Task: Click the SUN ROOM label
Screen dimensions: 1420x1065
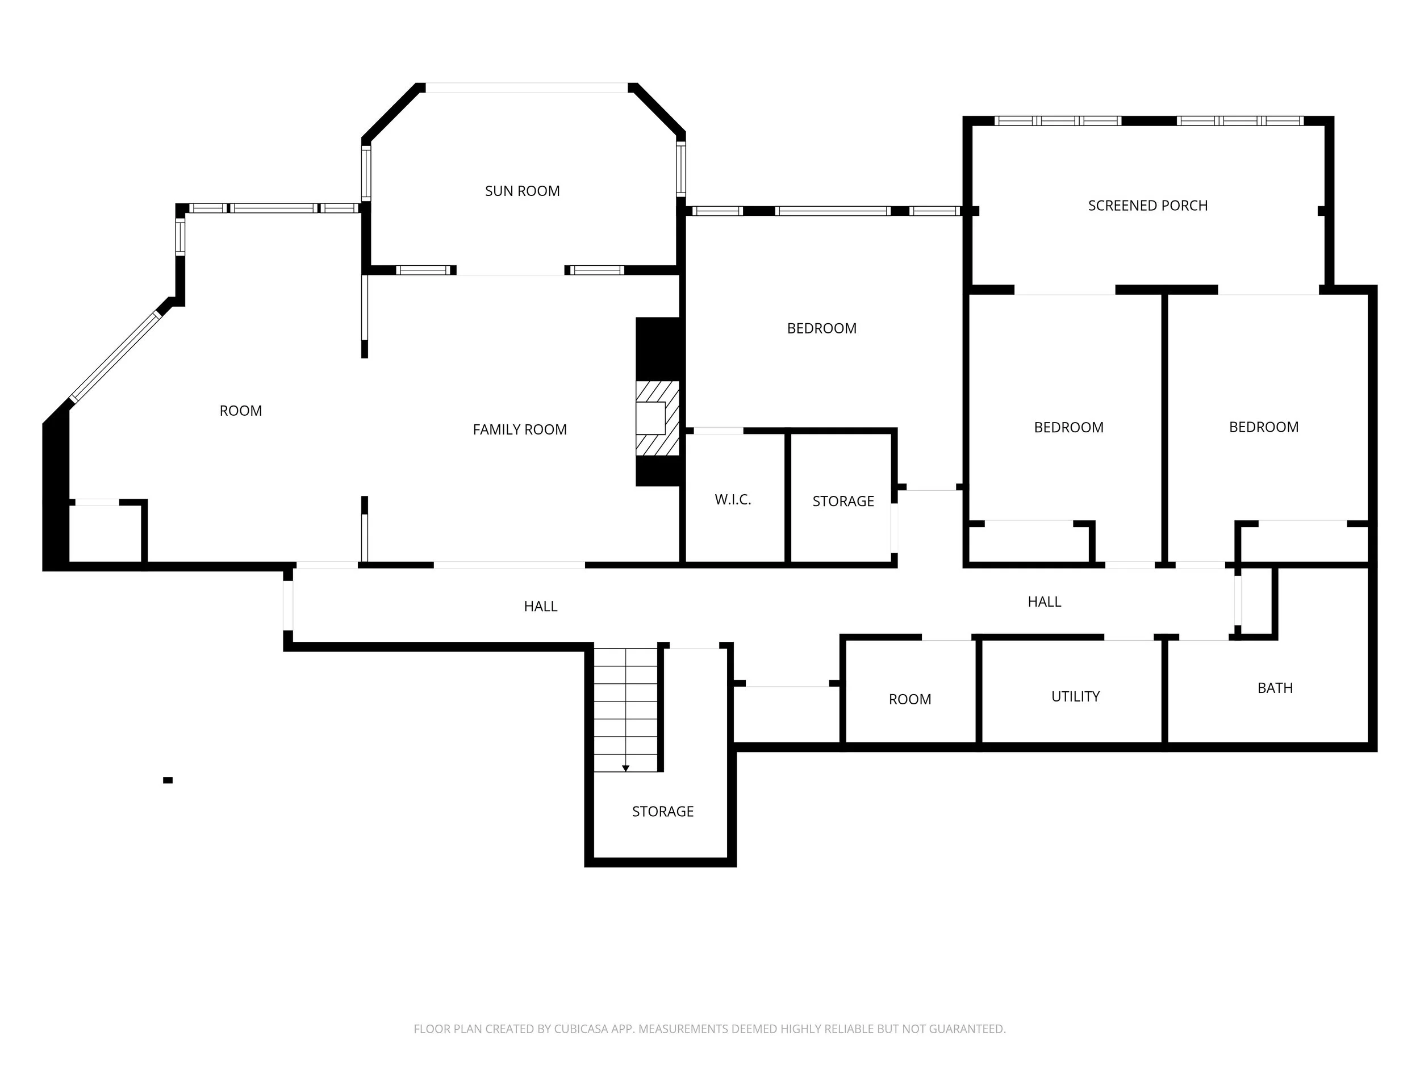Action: [522, 191]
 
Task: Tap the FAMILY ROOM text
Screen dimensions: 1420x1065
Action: [520, 429]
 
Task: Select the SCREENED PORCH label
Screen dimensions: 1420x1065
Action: [1148, 206]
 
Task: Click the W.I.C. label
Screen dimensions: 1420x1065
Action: [733, 499]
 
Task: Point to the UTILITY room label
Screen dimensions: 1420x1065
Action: [1075, 696]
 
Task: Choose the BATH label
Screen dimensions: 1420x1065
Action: [1275, 688]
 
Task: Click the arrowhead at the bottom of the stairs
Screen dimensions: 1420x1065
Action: [626, 769]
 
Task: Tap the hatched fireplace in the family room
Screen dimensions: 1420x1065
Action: [657, 418]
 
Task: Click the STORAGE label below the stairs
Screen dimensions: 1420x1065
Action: [662, 812]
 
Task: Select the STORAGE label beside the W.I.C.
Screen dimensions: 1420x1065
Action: [843, 502]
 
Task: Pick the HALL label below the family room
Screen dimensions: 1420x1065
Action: [541, 607]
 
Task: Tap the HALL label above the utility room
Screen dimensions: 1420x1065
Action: [1045, 602]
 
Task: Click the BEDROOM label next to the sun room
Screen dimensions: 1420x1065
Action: [822, 329]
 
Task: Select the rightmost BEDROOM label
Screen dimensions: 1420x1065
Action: [1263, 428]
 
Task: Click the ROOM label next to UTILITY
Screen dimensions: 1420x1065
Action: [909, 700]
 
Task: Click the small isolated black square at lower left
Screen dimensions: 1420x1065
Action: [168, 780]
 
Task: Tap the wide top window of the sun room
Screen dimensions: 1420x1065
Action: [527, 88]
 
